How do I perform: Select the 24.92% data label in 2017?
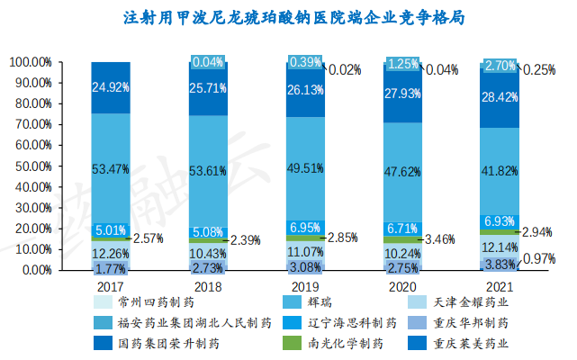click(x=111, y=87)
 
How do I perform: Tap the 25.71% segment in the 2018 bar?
click(x=208, y=89)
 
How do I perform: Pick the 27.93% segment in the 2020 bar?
click(x=402, y=94)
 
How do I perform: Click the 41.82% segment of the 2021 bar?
click(x=500, y=172)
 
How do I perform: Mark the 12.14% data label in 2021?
click(x=500, y=247)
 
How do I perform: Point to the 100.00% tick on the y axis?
click(x=31, y=62)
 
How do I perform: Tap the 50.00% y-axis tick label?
click(x=34, y=166)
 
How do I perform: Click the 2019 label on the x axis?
click(x=306, y=283)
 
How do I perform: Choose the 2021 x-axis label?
click(x=500, y=283)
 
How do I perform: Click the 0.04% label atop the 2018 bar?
click(x=208, y=62)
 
